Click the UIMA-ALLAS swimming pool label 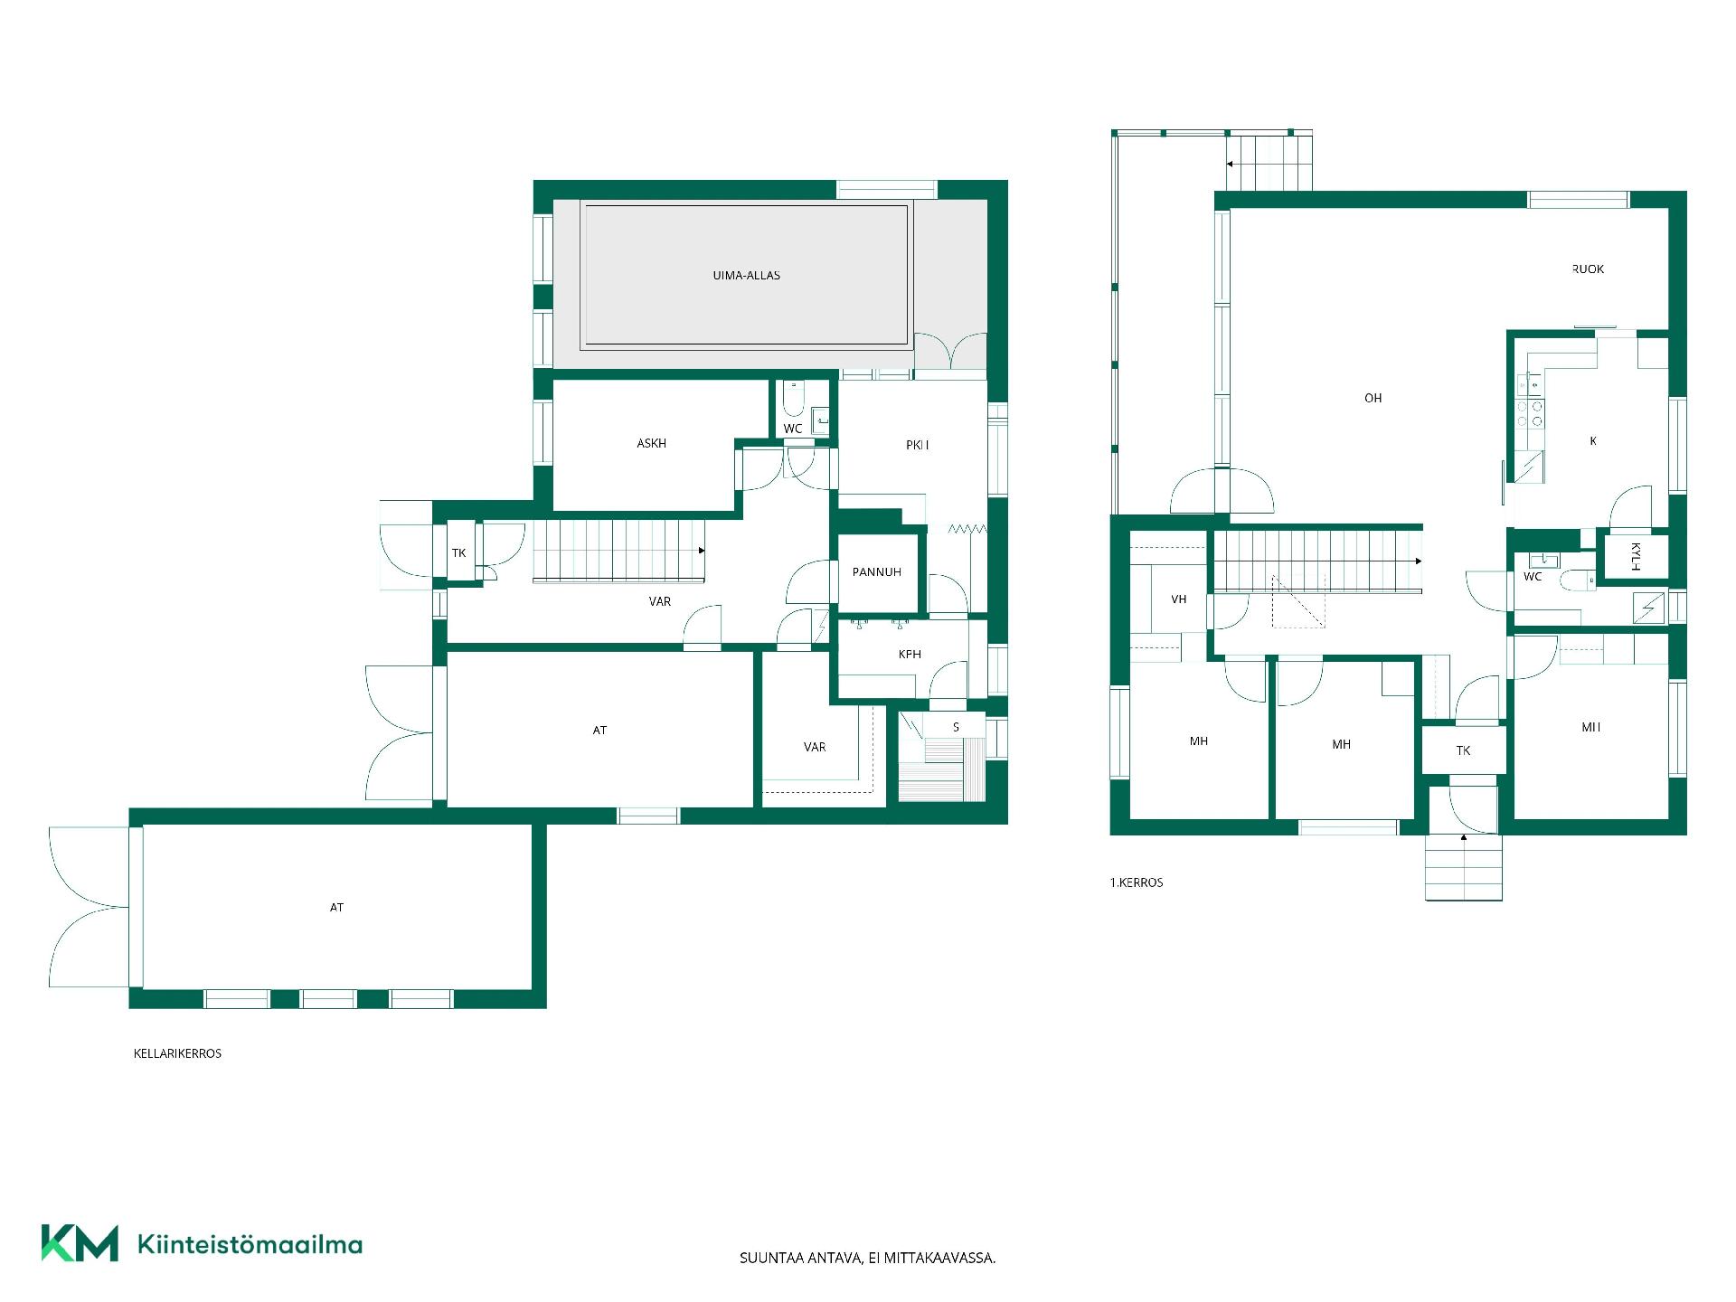746,276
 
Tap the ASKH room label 651,444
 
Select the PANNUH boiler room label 876,572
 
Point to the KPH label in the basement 910,655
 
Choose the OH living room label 1373,399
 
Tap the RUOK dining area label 1588,269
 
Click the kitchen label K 1592,441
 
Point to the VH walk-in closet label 1178,599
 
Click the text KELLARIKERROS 177,1053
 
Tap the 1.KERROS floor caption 1137,882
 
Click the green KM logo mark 80,1243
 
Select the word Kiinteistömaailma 250,1244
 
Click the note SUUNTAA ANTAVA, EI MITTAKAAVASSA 867,1258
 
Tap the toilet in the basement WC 793,397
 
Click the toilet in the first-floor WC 1578,580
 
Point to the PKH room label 917,445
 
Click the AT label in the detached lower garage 336,908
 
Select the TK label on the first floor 1463,750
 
